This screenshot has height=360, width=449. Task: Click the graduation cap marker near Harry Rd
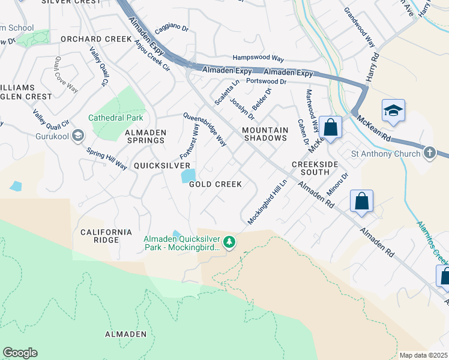(393, 110)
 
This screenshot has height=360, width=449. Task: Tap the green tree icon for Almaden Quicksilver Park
(229, 242)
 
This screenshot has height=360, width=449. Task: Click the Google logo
(20, 353)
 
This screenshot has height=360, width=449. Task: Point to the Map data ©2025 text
(423, 355)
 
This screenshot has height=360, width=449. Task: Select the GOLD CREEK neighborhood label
(215, 184)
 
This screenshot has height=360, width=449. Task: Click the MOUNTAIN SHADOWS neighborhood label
(265, 134)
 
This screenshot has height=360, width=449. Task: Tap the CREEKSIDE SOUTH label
(311, 168)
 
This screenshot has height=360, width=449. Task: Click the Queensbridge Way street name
(205, 130)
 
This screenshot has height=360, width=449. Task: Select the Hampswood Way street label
(258, 58)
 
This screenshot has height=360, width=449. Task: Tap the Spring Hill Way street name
(106, 158)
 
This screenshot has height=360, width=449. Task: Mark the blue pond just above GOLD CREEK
(187, 176)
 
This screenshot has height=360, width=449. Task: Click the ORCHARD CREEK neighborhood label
(96, 39)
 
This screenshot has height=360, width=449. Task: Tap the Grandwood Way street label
(359, 23)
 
